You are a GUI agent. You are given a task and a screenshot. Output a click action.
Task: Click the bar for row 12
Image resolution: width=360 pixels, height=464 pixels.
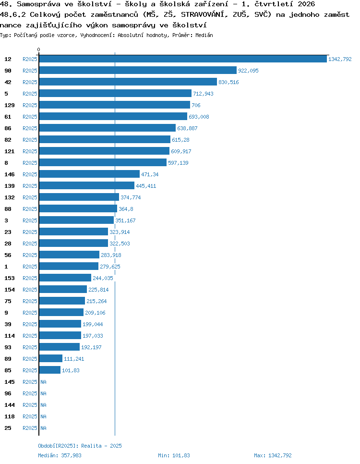pos(183,59)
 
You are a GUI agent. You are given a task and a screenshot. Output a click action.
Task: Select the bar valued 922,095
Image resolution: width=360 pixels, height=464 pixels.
pos(138,70)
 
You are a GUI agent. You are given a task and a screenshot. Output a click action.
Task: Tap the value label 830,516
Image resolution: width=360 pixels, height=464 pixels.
pos(228,82)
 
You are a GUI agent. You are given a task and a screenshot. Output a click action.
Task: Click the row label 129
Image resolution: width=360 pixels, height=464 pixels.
pos(10,105)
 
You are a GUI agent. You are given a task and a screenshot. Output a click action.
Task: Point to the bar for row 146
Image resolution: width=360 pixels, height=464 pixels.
pos(89,174)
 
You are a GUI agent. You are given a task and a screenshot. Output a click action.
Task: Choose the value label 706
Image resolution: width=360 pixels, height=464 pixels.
pos(196,105)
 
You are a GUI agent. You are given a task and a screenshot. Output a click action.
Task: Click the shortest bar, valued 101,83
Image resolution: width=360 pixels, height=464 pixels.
pos(50,370)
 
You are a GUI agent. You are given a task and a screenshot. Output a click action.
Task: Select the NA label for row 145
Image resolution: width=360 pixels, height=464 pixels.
pos(44,382)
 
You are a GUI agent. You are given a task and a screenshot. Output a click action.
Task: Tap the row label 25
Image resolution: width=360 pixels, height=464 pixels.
pos(8,428)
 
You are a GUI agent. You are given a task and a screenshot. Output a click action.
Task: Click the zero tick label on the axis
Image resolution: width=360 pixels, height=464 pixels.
pos(38,50)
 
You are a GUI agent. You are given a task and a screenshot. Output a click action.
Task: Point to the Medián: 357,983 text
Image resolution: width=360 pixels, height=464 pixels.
pos(60,455)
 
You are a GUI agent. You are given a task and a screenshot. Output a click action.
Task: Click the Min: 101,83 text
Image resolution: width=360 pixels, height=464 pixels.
pos(174,455)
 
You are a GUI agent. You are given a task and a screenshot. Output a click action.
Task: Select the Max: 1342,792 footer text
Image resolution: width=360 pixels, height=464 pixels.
pos(273,455)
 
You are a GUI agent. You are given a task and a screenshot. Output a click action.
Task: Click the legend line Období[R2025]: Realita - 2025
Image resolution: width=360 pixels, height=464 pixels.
pos(80,446)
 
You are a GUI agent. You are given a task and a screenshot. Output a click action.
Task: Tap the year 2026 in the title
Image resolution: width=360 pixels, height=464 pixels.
pos(306,4)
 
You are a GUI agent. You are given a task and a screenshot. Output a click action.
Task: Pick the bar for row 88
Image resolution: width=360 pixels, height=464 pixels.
pos(78,208)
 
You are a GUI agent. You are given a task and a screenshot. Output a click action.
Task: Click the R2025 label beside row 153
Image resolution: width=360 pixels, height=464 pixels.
pos(30,278)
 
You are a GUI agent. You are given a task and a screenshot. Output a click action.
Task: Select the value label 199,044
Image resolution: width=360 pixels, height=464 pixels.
pos(93,324)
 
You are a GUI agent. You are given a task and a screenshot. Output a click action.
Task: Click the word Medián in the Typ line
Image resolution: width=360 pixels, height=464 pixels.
pos(204,35)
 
